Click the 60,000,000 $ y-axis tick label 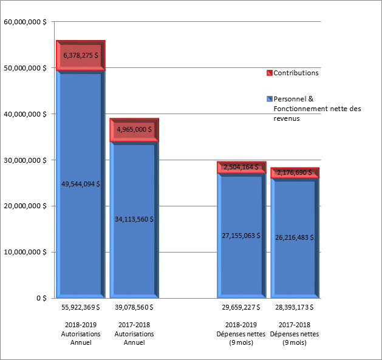pos(26,22)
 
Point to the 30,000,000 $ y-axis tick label pos(26,160)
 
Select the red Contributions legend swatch pos(270,73)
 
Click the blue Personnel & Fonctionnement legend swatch pos(270,98)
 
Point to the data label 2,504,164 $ pos(242,167)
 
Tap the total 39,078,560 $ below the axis pos(134,308)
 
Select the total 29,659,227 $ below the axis pos(241,308)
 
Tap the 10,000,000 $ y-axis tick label pos(26,252)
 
